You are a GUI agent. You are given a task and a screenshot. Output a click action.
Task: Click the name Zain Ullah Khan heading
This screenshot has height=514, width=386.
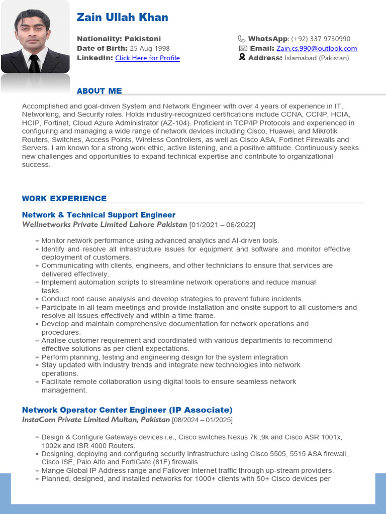(x=122, y=18)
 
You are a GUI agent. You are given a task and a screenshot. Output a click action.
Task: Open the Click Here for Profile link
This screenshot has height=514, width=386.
(x=147, y=58)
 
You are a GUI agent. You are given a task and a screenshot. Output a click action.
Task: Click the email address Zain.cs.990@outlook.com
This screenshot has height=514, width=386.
(x=317, y=49)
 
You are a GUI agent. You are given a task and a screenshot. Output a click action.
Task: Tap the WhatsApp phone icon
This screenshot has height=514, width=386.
(x=242, y=39)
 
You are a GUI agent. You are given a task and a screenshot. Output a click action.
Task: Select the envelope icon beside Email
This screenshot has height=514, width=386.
(x=242, y=49)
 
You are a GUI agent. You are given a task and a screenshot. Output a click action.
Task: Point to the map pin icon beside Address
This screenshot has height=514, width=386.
(x=242, y=58)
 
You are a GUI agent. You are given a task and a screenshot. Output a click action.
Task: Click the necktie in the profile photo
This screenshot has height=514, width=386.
(x=34, y=63)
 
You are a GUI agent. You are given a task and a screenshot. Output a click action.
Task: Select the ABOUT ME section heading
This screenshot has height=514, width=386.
(x=99, y=91)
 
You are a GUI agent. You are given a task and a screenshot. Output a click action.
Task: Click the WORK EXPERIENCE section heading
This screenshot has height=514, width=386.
(x=64, y=199)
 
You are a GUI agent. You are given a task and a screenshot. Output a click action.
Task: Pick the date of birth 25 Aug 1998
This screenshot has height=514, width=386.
(x=150, y=49)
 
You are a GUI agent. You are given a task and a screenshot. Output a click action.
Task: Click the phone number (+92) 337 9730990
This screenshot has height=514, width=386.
(x=321, y=39)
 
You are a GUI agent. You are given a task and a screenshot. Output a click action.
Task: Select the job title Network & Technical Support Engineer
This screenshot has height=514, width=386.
(x=99, y=215)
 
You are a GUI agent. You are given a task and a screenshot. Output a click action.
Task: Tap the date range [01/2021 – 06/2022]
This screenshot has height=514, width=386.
(x=222, y=224)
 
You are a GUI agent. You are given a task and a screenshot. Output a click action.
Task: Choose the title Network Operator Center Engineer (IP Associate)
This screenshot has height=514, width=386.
(x=127, y=410)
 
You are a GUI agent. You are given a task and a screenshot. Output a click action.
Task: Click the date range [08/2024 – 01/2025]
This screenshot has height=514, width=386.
(x=202, y=420)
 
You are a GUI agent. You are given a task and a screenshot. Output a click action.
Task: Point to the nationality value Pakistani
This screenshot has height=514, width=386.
(x=143, y=39)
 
